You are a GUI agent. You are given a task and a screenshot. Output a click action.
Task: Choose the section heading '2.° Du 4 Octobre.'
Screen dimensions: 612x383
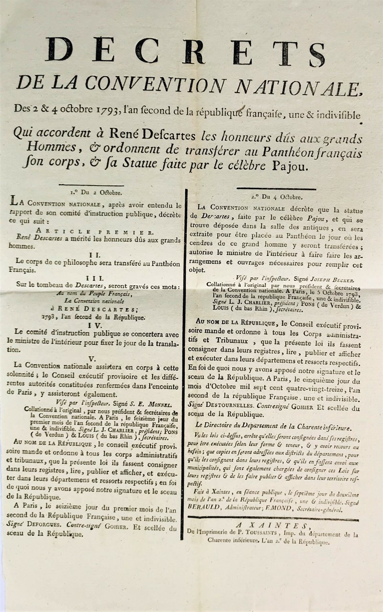click(x=276, y=196)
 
